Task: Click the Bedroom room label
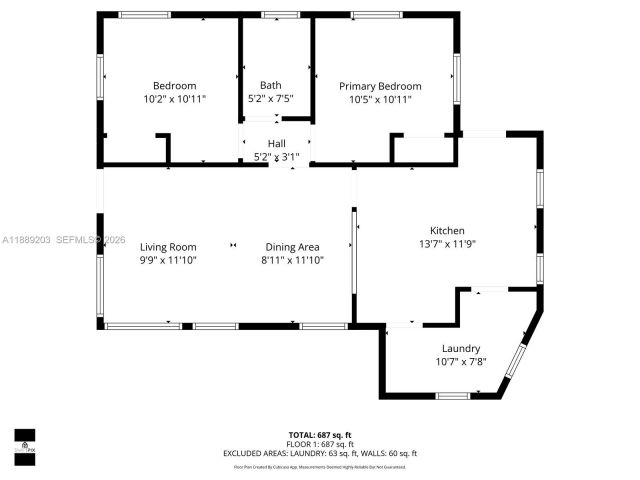click(x=174, y=86)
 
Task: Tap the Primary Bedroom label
click(x=379, y=86)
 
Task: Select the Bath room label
click(x=270, y=85)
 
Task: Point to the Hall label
click(x=276, y=143)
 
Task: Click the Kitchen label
click(x=447, y=230)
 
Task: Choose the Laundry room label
click(x=461, y=348)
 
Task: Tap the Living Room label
click(x=168, y=247)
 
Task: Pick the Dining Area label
click(x=292, y=247)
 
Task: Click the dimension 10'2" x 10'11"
click(x=174, y=99)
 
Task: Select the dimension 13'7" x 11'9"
click(x=447, y=243)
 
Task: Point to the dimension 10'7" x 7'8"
click(x=461, y=361)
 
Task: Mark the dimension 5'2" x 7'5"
click(x=270, y=98)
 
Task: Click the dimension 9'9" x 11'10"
click(x=168, y=260)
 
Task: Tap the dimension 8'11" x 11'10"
click(x=292, y=260)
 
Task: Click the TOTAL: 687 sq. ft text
click(x=320, y=435)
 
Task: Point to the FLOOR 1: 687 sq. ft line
click(x=320, y=443)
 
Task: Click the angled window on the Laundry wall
click(x=516, y=359)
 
